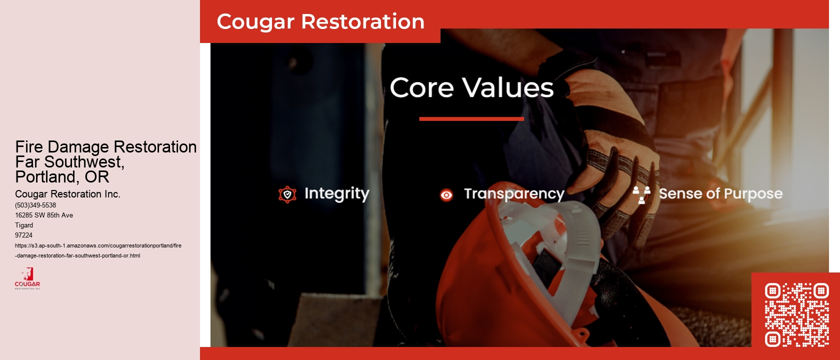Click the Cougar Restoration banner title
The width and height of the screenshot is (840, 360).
[320, 21]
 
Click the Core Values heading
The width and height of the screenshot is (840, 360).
[471, 87]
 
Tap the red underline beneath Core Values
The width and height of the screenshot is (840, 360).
[471, 119]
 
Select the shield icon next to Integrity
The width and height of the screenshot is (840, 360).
[287, 194]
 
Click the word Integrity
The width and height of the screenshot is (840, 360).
[336, 193]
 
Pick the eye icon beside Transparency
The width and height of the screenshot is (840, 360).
[446, 194]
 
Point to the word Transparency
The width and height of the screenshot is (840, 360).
[514, 193]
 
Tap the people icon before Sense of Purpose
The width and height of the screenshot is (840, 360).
[641, 194]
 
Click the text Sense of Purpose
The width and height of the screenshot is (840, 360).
[720, 193]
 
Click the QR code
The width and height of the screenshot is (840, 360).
[796, 314]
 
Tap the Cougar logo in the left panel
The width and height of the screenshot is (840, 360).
[27, 278]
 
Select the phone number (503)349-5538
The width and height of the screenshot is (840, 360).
[35, 205]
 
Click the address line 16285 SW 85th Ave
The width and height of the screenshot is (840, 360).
[44, 215]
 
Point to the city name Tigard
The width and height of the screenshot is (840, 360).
[24, 225]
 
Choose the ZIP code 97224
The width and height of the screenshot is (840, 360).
[23, 235]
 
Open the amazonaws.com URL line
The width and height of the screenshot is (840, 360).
[98, 245]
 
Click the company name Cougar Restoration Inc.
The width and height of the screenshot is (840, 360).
[67, 194]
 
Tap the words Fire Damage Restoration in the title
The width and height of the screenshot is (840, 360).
[105, 147]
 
